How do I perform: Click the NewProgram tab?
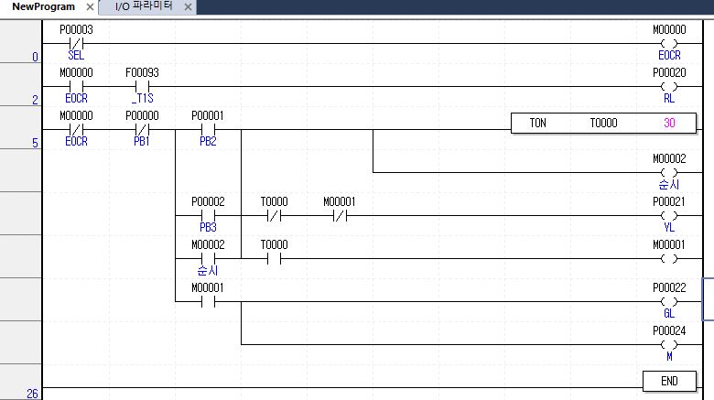coord(43,6)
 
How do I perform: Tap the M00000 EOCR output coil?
coord(669,43)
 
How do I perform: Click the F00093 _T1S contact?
coord(142,86)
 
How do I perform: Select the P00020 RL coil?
coord(669,86)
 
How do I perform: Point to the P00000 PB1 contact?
coord(142,129)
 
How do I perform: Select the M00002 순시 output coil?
coord(669,172)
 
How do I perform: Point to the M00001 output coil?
coord(669,258)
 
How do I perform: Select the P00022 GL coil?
coord(669,301)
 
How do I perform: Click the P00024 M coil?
coord(669,344)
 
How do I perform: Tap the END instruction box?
coord(668,380)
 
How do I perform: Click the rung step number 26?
coord(32,394)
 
